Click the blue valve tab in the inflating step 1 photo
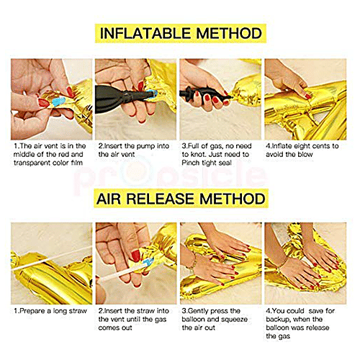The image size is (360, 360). pyautogui.click(x=58, y=102)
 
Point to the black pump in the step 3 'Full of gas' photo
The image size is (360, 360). pyautogui.click(x=203, y=94)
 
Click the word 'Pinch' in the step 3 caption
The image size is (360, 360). pyautogui.click(x=191, y=163)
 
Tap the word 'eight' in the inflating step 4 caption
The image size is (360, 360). pyautogui.click(x=307, y=146)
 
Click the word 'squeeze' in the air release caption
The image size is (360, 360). pyautogui.click(x=234, y=320)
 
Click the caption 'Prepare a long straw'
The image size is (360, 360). pyautogui.click(x=50, y=311)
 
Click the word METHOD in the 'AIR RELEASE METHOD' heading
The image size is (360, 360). pyautogui.click(x=233, y=199)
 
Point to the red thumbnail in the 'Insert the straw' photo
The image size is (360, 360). pyautogui.click(x=135, y=256)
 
